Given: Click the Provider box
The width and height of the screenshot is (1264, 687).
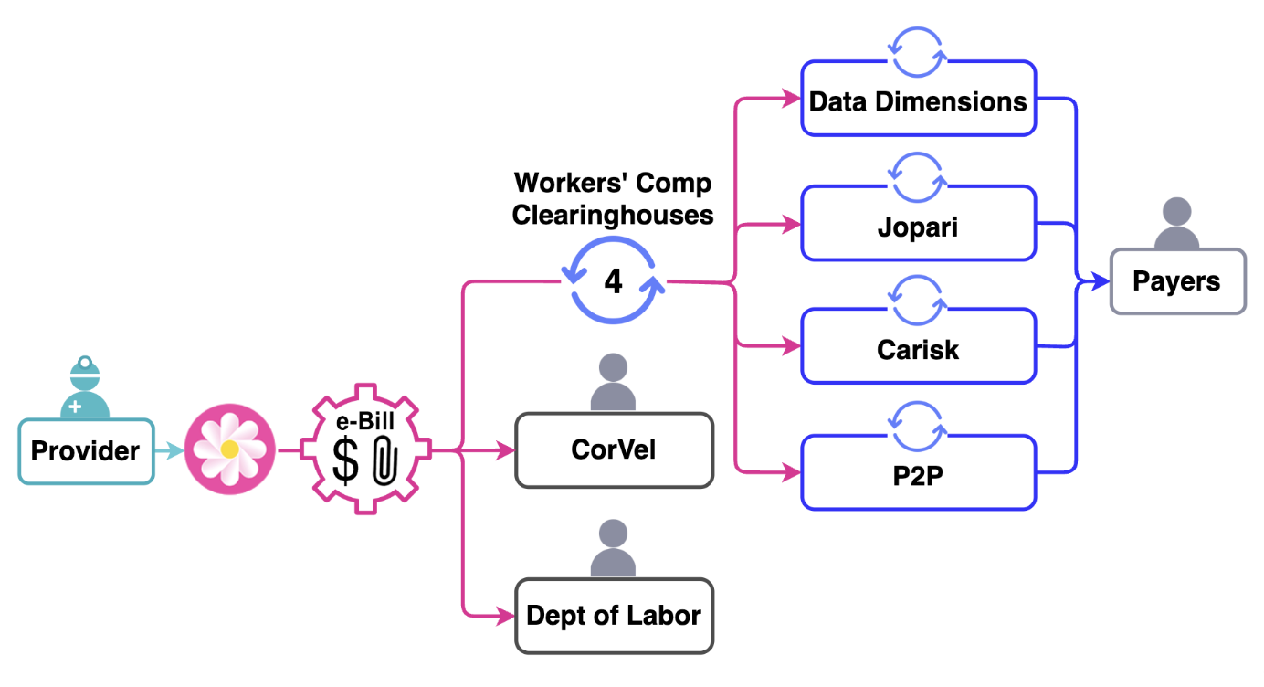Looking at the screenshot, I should click(86, 450).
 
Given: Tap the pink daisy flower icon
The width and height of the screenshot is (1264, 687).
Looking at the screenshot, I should click(230, 449).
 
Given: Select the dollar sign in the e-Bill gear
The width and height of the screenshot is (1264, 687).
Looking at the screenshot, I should click(345, 461).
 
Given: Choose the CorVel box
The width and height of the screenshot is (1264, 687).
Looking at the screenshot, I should click(614, 449).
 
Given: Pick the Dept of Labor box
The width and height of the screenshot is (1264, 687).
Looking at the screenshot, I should click(614, 616).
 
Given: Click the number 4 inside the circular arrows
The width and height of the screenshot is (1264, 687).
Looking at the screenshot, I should click(614, 282).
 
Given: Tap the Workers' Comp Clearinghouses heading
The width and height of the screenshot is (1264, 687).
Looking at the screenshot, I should click(612, 198).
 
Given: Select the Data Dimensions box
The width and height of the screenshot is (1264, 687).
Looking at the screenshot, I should click(918, 100).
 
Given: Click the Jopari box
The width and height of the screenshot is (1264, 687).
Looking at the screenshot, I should click(918, 225).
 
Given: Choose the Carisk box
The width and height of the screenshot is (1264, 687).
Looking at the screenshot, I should click(918, 349).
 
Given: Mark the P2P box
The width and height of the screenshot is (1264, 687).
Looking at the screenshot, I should click(918, 474).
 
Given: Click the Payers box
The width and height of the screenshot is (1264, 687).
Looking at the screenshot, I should click(1176, 281).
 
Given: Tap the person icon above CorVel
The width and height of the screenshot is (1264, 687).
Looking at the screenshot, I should click(613, 383).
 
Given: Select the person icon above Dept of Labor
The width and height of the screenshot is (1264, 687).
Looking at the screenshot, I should click(613, 548).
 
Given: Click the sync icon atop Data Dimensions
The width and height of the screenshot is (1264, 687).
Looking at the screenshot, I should click(918, 52).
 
